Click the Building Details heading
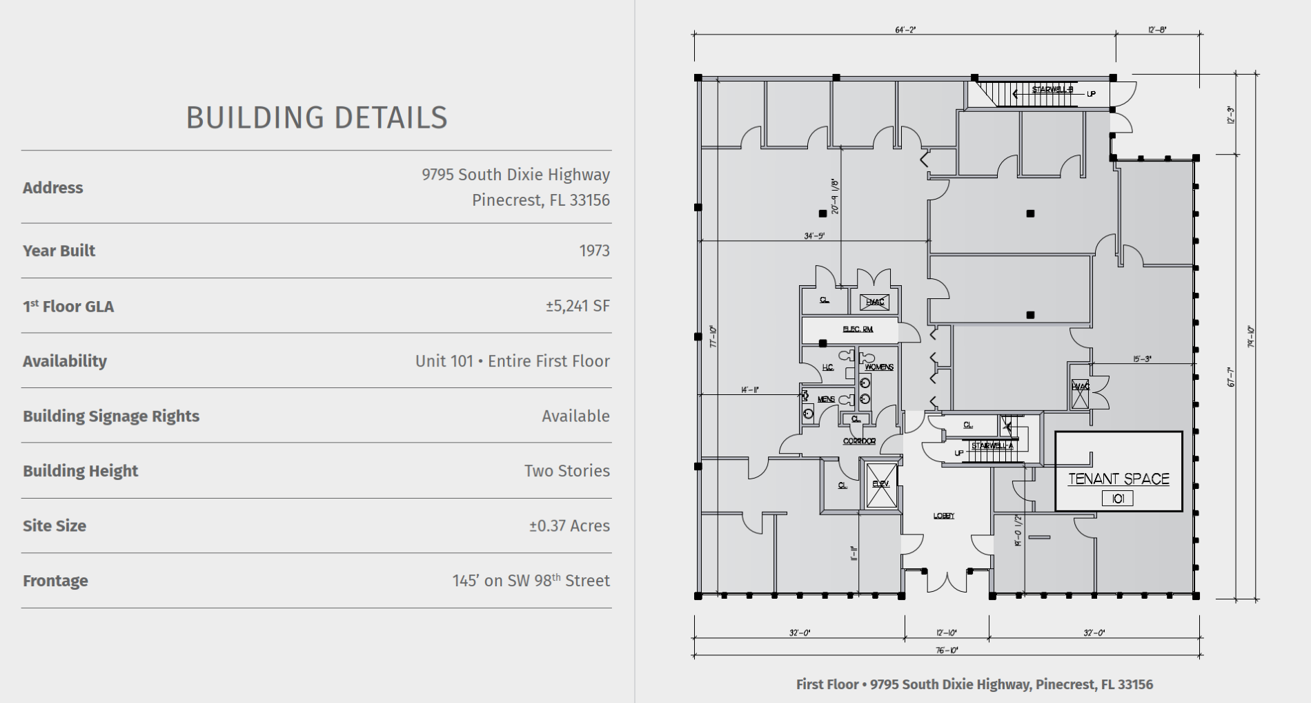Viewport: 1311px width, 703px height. coord(317,118)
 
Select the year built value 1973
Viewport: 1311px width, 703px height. coord(594,251)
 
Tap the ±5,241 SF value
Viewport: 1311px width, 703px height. coord(578,306)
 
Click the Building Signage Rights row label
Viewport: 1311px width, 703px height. coord(111,416)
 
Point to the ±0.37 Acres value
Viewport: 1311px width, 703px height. coord(569,526)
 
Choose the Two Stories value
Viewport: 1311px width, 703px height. coord(566,471)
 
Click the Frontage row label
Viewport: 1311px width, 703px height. coord(55,581)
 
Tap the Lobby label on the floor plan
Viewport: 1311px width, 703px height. coord(944,516)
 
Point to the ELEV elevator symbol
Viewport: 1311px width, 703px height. coord(880,485)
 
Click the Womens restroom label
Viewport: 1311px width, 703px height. coord(878,367)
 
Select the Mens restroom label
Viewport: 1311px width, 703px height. coord(826,399)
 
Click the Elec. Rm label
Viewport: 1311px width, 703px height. coord(858,329)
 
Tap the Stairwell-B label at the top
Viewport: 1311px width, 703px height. coord(1052,90)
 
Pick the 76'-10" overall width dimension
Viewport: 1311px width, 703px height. coord(947,650)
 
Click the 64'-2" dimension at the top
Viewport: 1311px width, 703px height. coord(905,30)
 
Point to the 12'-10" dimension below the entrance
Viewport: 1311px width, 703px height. coord(947,633)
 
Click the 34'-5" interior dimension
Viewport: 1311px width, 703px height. coord(814,236)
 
